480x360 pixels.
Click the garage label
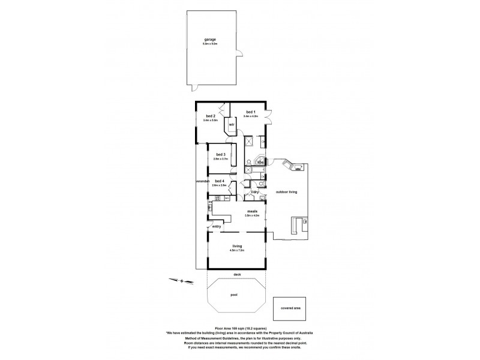point(209,40)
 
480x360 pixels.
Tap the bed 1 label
point(250,112)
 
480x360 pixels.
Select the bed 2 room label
point(210,116)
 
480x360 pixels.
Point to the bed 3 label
point(220,154)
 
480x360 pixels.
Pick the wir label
point(231,125)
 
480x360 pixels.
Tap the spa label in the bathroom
point(260,161)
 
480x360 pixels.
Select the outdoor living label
point(287,192)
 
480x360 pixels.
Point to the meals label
point(252,211)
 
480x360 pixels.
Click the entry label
point(217,227)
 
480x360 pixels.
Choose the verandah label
point(201,181)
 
